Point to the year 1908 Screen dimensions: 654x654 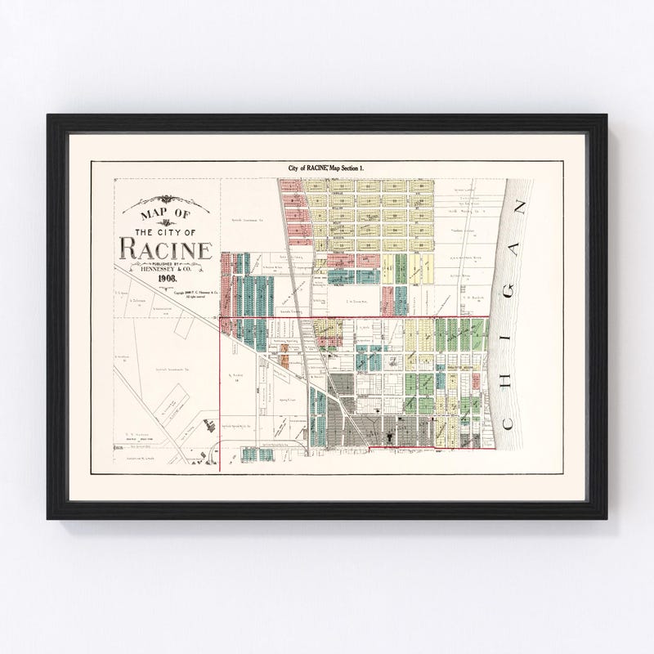click(x=168, y=279)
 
